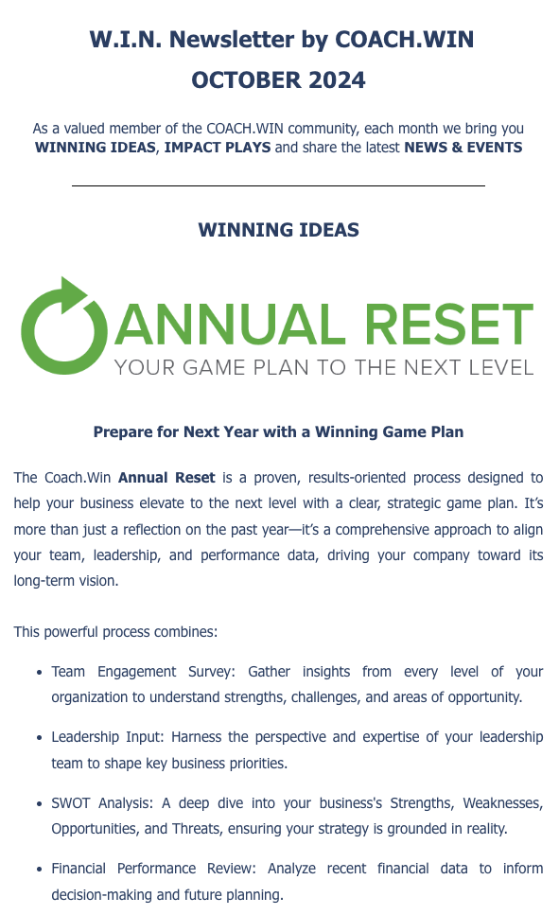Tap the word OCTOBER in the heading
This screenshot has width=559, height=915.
(244, 79)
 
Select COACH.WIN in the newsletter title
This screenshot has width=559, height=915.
(405, 39)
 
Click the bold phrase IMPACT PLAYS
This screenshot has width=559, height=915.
(217, 147)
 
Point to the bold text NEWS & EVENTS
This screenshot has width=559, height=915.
(463, 147)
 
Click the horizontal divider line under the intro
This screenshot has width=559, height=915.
(278, 185)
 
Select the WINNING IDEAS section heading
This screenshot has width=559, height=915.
(278, 230)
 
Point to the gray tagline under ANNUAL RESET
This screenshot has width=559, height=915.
(324, 368)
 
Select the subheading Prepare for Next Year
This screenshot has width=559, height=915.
(278, 431)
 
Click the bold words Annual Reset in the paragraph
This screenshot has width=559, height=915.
(166, 478)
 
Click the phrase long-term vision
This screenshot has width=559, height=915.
(66, 581)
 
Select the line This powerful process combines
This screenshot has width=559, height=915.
(115, 632)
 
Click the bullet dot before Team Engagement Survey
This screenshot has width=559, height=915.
(39, 672)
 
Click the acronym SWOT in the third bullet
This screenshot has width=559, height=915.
(71, 803)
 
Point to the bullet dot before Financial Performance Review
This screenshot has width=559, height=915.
(39, 869)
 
